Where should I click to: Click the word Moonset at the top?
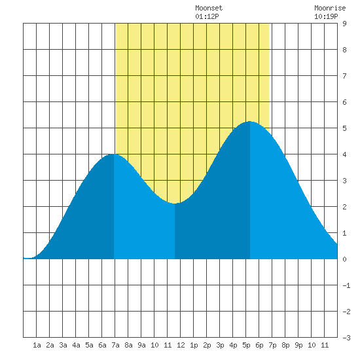[209, 8]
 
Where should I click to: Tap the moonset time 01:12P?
[207, 16]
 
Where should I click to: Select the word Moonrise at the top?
[330, 8]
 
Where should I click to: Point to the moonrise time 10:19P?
[326, 16]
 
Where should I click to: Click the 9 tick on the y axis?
[344, 24]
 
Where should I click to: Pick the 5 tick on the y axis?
[344, 128]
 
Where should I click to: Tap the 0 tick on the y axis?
[344, 259]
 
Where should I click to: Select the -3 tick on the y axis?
[346, 338]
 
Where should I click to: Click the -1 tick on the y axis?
[346, 285]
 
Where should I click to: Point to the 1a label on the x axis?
[37, 345]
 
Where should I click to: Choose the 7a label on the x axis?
[115, 345]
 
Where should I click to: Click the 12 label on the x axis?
[181, 345]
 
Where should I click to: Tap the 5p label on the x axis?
[246, 345]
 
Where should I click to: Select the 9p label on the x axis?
[298, 345]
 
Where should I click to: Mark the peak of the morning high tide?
[114, 154]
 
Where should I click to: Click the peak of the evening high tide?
[250, 122]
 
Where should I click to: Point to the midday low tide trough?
[175, 204]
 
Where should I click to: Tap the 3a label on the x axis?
[63, 345]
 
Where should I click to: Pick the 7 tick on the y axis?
[344, 76]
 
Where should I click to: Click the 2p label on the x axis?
[207, 345]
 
